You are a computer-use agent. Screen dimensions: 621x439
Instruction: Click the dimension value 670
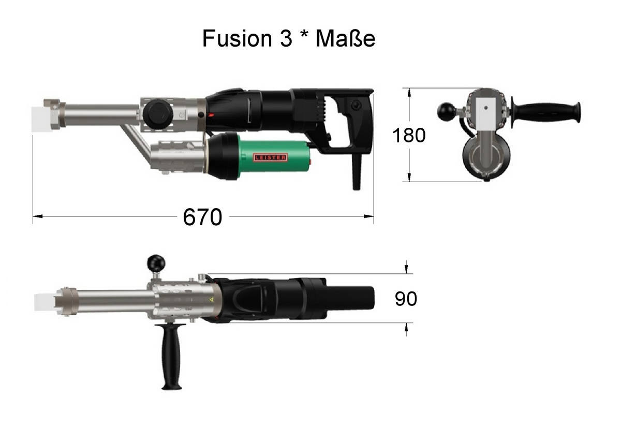point(202,217)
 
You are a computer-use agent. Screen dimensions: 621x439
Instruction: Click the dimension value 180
point(409,135)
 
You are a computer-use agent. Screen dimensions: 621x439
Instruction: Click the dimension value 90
point(406,299)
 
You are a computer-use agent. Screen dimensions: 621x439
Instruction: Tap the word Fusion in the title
point(237,38)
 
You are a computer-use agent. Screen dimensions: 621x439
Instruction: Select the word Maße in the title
point(346,38)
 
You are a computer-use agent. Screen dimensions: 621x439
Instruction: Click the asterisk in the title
point(304,34)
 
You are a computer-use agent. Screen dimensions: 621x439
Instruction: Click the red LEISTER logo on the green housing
point(270,157)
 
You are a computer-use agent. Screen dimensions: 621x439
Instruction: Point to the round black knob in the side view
point(158,114)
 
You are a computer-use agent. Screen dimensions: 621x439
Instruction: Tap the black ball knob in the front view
point(446,112)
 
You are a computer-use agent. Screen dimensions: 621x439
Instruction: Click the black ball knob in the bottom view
point(156,264)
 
